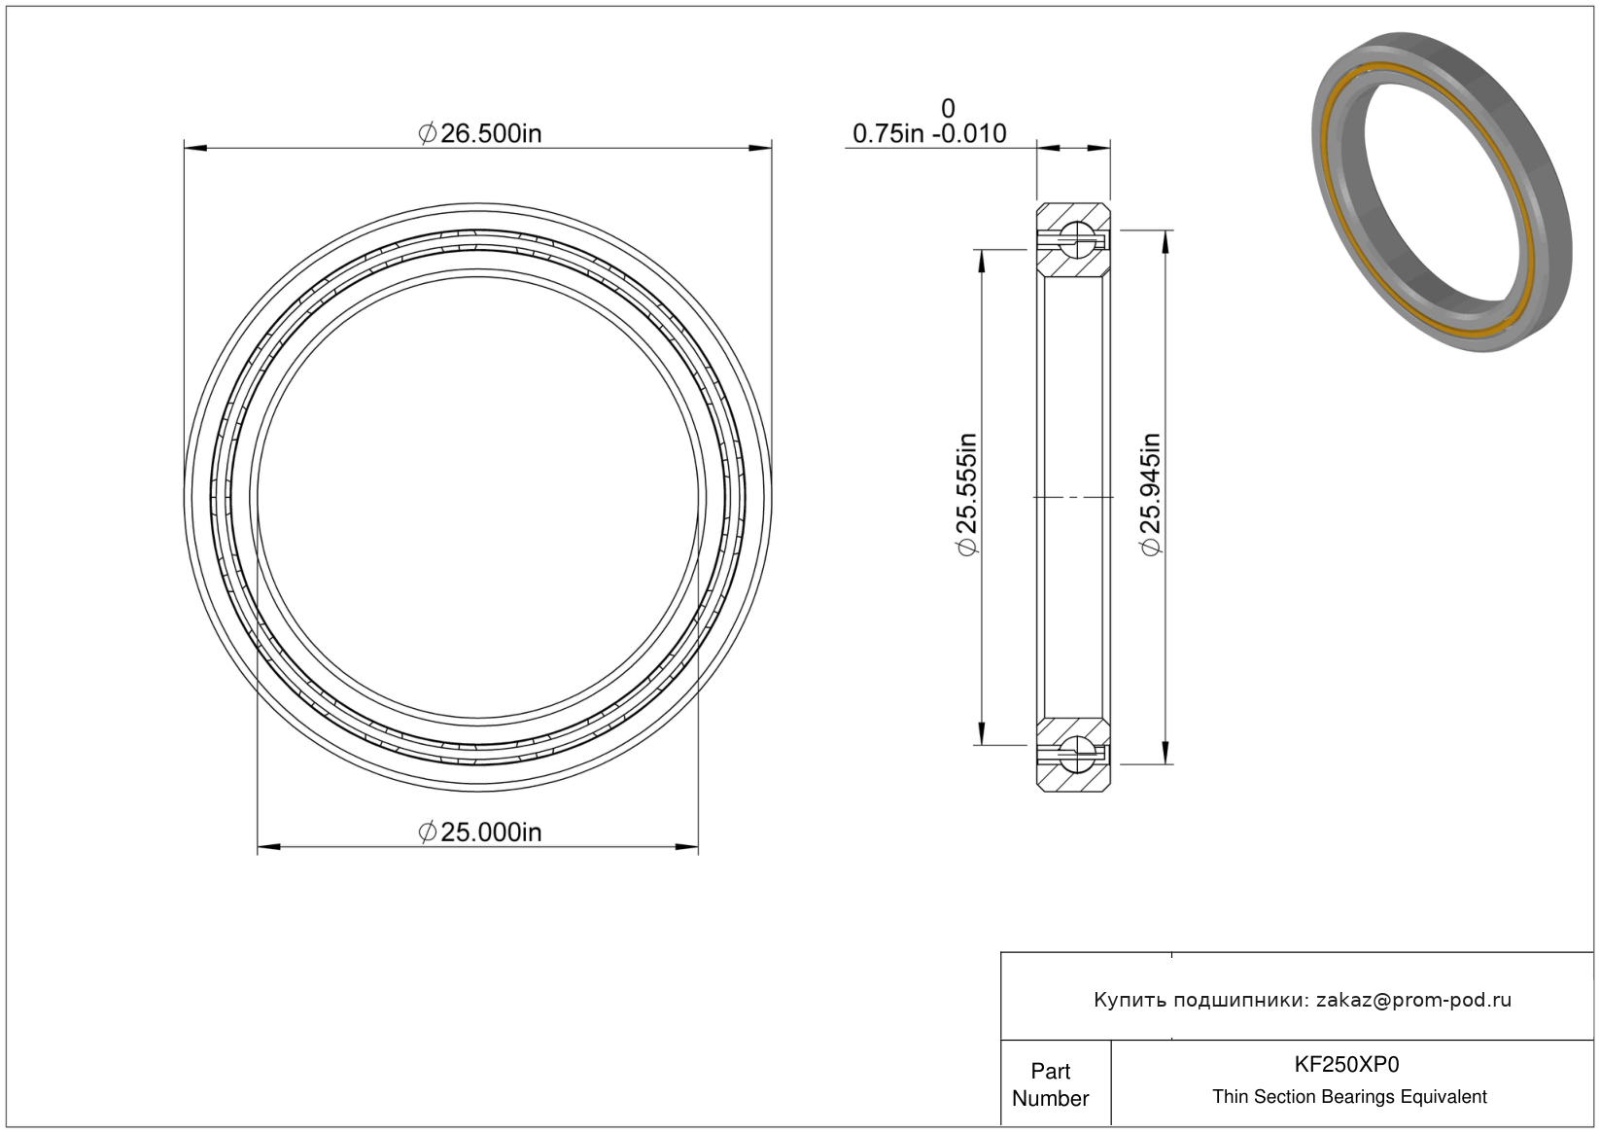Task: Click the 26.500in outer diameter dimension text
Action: [x=480, y=133]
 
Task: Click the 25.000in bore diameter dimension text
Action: [x=480, y=832]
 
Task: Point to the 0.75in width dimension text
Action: [x=888, y=133]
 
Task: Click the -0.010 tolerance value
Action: [x=968, y=133]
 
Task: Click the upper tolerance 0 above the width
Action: [x=948, y=109]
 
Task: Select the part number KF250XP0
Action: [x=1347, y=1064]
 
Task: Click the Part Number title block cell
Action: [x=1051, y=1084]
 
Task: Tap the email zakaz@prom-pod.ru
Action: [x=1414, y=1000]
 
